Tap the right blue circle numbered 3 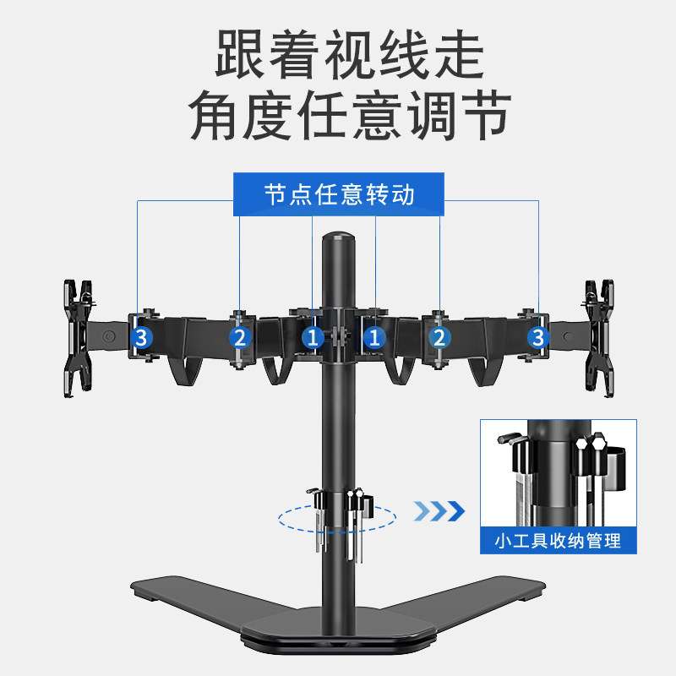(537, 338)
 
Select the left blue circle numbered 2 (241, 338)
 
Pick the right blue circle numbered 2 (439, 338)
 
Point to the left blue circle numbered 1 (313, 338)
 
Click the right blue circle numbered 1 (374, 338)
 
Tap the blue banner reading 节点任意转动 (339, 194)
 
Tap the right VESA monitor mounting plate (599, 336)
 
